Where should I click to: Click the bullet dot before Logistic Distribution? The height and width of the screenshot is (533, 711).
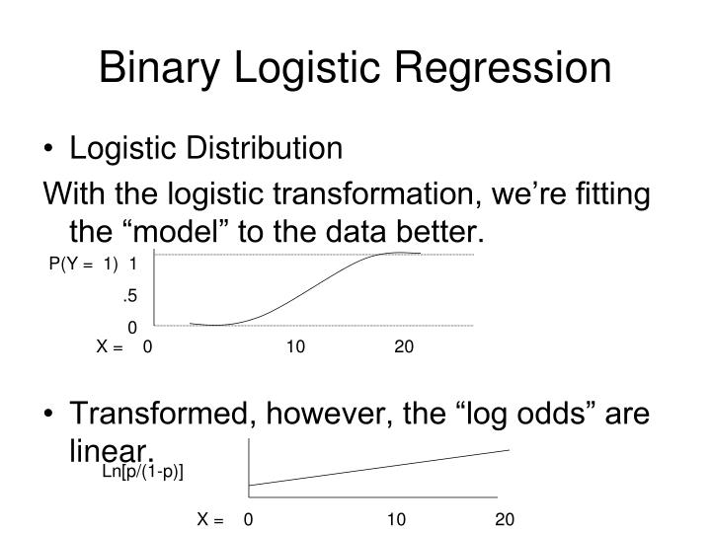50,150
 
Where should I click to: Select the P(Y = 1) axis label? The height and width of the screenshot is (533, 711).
82,264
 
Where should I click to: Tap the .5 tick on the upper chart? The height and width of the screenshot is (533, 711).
129,295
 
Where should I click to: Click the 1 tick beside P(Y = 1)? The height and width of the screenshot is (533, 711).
132,264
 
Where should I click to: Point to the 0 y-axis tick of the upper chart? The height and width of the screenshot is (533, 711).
131,327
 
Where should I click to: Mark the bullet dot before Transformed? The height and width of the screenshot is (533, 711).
50,414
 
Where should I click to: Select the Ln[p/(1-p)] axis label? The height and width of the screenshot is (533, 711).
143,472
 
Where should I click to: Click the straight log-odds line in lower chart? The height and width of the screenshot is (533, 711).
380,467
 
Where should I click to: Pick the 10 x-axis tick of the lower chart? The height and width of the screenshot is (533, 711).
396,519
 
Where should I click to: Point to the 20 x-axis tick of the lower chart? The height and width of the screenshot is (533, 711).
505,519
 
